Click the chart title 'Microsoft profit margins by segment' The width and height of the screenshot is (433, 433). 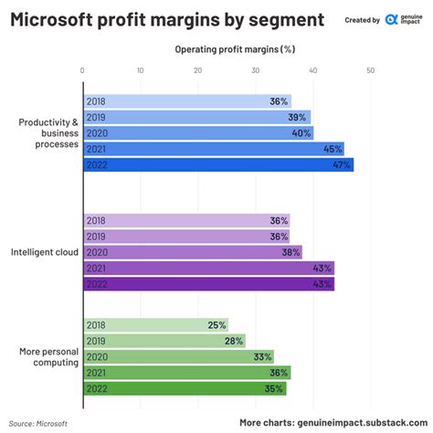[166, 19]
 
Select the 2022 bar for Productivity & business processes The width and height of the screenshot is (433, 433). [217, 165]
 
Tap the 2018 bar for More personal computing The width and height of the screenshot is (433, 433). [155, 324]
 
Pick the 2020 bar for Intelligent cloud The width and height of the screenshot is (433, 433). [192, 252]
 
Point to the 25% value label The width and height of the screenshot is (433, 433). [216, 324]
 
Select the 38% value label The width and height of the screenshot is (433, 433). [290, 252]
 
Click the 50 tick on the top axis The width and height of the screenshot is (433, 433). [371, 70]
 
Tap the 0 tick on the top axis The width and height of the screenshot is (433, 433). [83, 70]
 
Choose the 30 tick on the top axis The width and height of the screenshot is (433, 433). [256, 70]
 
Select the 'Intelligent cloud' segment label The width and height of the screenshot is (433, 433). [44, 252]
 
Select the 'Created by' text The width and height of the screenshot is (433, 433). [363, 19]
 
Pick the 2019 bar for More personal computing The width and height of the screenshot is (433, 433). [164, 340]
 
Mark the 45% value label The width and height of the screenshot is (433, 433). [332, 149]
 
